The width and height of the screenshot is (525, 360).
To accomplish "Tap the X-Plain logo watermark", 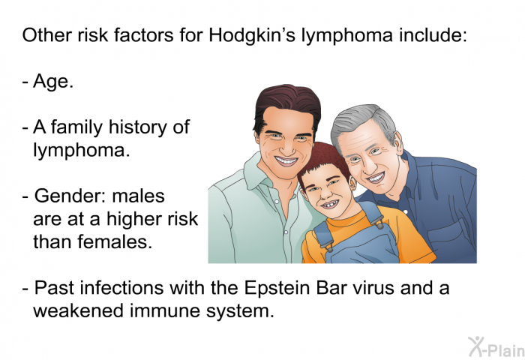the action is pos(496,347).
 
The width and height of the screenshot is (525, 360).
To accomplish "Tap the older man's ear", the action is pos(398,144).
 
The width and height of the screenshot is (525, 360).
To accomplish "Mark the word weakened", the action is pos(79,310).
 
